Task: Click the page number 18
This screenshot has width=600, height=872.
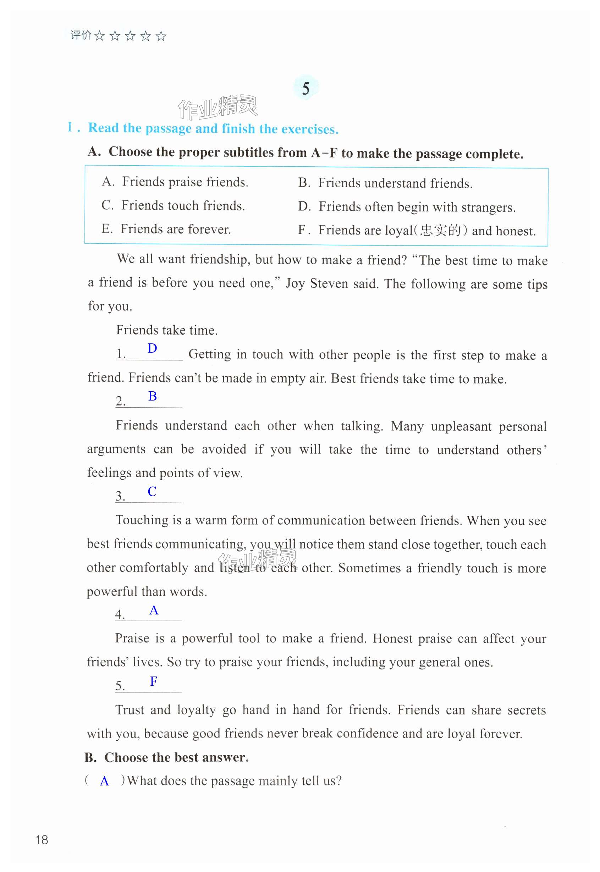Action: tap(42, 840)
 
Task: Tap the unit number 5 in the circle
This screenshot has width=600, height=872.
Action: tap(305, 89)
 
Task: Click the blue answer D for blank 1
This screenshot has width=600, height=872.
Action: tap(152, 348)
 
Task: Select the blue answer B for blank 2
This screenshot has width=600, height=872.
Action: tap(152, 396)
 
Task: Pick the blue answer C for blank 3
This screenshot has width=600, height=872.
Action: tap(152, 491)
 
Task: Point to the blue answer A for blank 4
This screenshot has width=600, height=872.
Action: tap(154, 610)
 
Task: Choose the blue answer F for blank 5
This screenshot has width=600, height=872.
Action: tap(153, 681)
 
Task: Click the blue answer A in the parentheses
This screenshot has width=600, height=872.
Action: tap(104, 782)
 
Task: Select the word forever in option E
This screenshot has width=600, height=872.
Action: tap(209, 229)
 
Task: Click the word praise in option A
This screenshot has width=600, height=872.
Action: tap(185, 182)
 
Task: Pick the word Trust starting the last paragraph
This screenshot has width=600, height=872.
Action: tap(130, 710)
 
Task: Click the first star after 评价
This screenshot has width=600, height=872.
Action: tap(99, 36)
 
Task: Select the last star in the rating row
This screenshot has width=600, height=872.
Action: tap(161, 36)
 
